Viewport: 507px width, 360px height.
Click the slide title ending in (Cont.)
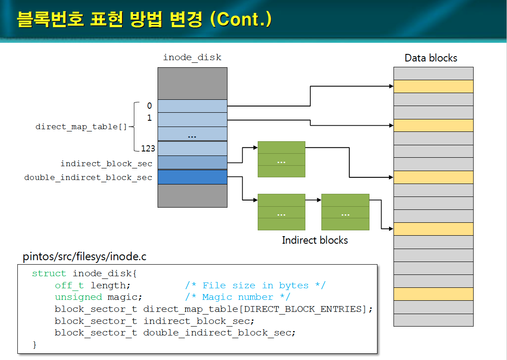[x=144, y=20]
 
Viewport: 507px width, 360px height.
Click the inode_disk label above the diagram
[x=192, y=57]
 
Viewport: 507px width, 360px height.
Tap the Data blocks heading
[x=430, y=58]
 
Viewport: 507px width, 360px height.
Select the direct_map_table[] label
[x=81, y=127]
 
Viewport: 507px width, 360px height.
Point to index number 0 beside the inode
[x=149, y=106]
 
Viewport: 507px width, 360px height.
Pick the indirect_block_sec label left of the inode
[x=106, y=164]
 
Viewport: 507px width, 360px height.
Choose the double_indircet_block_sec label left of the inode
[x=88, y=177]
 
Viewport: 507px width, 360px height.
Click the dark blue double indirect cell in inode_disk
[x=192, y=177]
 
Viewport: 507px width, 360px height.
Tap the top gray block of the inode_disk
[x=192, y=83]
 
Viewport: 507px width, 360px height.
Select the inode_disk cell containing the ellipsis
[x=192, y=134]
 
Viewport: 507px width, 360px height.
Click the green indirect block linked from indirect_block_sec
[x=281, y=159]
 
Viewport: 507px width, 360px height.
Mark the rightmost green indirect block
[x=345, y=212]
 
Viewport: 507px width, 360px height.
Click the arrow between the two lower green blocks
[x=313, y=200]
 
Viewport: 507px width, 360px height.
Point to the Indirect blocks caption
[x=315, y=241]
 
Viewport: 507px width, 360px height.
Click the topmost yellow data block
[x=433, y=86]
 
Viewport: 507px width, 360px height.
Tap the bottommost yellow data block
[x=433, y=294]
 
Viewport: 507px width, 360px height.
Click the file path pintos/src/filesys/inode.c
[x=85, y=257]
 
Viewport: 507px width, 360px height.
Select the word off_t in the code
[x=69, y=285]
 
